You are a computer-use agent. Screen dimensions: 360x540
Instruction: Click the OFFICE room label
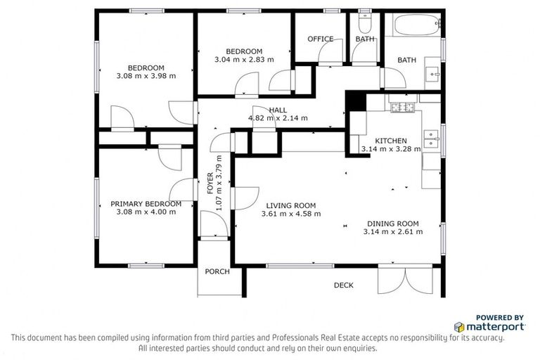320,39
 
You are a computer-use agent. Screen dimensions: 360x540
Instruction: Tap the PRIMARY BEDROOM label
146,204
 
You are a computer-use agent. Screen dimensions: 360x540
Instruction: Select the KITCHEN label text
390,141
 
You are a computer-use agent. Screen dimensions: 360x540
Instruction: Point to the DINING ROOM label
391,224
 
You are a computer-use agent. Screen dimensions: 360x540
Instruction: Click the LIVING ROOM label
290,205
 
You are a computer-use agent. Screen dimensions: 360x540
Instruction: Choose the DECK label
343,285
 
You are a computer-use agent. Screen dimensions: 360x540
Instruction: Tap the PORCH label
217,271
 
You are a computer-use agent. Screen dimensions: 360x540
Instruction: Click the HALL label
278,110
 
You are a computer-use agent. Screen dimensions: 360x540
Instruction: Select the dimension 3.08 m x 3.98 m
146,76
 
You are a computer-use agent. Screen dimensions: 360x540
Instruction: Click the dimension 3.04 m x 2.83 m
244,60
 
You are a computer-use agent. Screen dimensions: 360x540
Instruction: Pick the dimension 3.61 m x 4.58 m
290,214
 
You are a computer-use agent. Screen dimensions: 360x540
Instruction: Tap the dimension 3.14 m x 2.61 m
391,232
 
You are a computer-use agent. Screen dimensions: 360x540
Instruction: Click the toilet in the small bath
364,22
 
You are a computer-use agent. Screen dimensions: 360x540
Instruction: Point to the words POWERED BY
500,317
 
